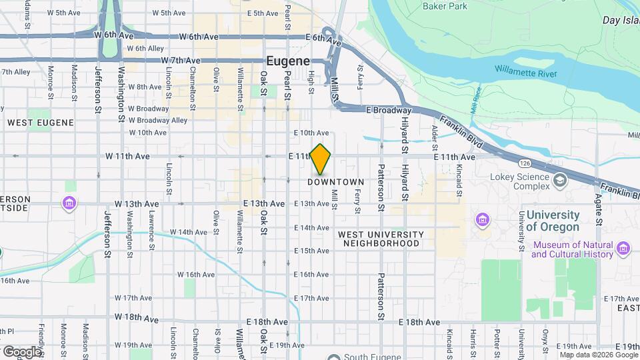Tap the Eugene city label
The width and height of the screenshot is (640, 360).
[289, 60]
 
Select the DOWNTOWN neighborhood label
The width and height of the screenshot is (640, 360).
[337, 182]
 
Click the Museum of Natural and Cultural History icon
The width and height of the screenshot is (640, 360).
[623, 249]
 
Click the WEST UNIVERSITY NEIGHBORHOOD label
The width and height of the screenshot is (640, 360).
[381, 239]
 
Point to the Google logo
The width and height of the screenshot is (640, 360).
[21, 351]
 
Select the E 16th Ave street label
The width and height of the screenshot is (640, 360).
[312, 275]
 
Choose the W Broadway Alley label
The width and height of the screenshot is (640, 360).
[158, 121]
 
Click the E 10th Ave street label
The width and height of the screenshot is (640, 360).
[312, 133]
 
